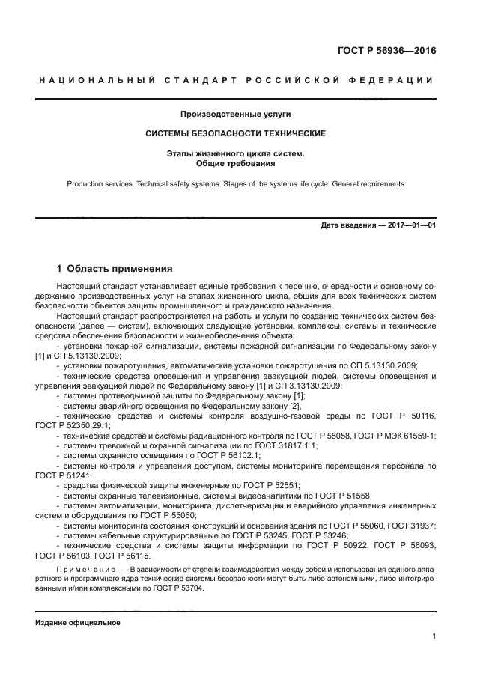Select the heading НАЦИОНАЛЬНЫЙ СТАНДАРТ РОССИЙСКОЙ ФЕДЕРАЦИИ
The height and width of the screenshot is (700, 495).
235,80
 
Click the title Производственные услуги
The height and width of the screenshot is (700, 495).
235,115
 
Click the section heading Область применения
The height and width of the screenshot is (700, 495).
120,268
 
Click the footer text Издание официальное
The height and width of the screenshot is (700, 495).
78,623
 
